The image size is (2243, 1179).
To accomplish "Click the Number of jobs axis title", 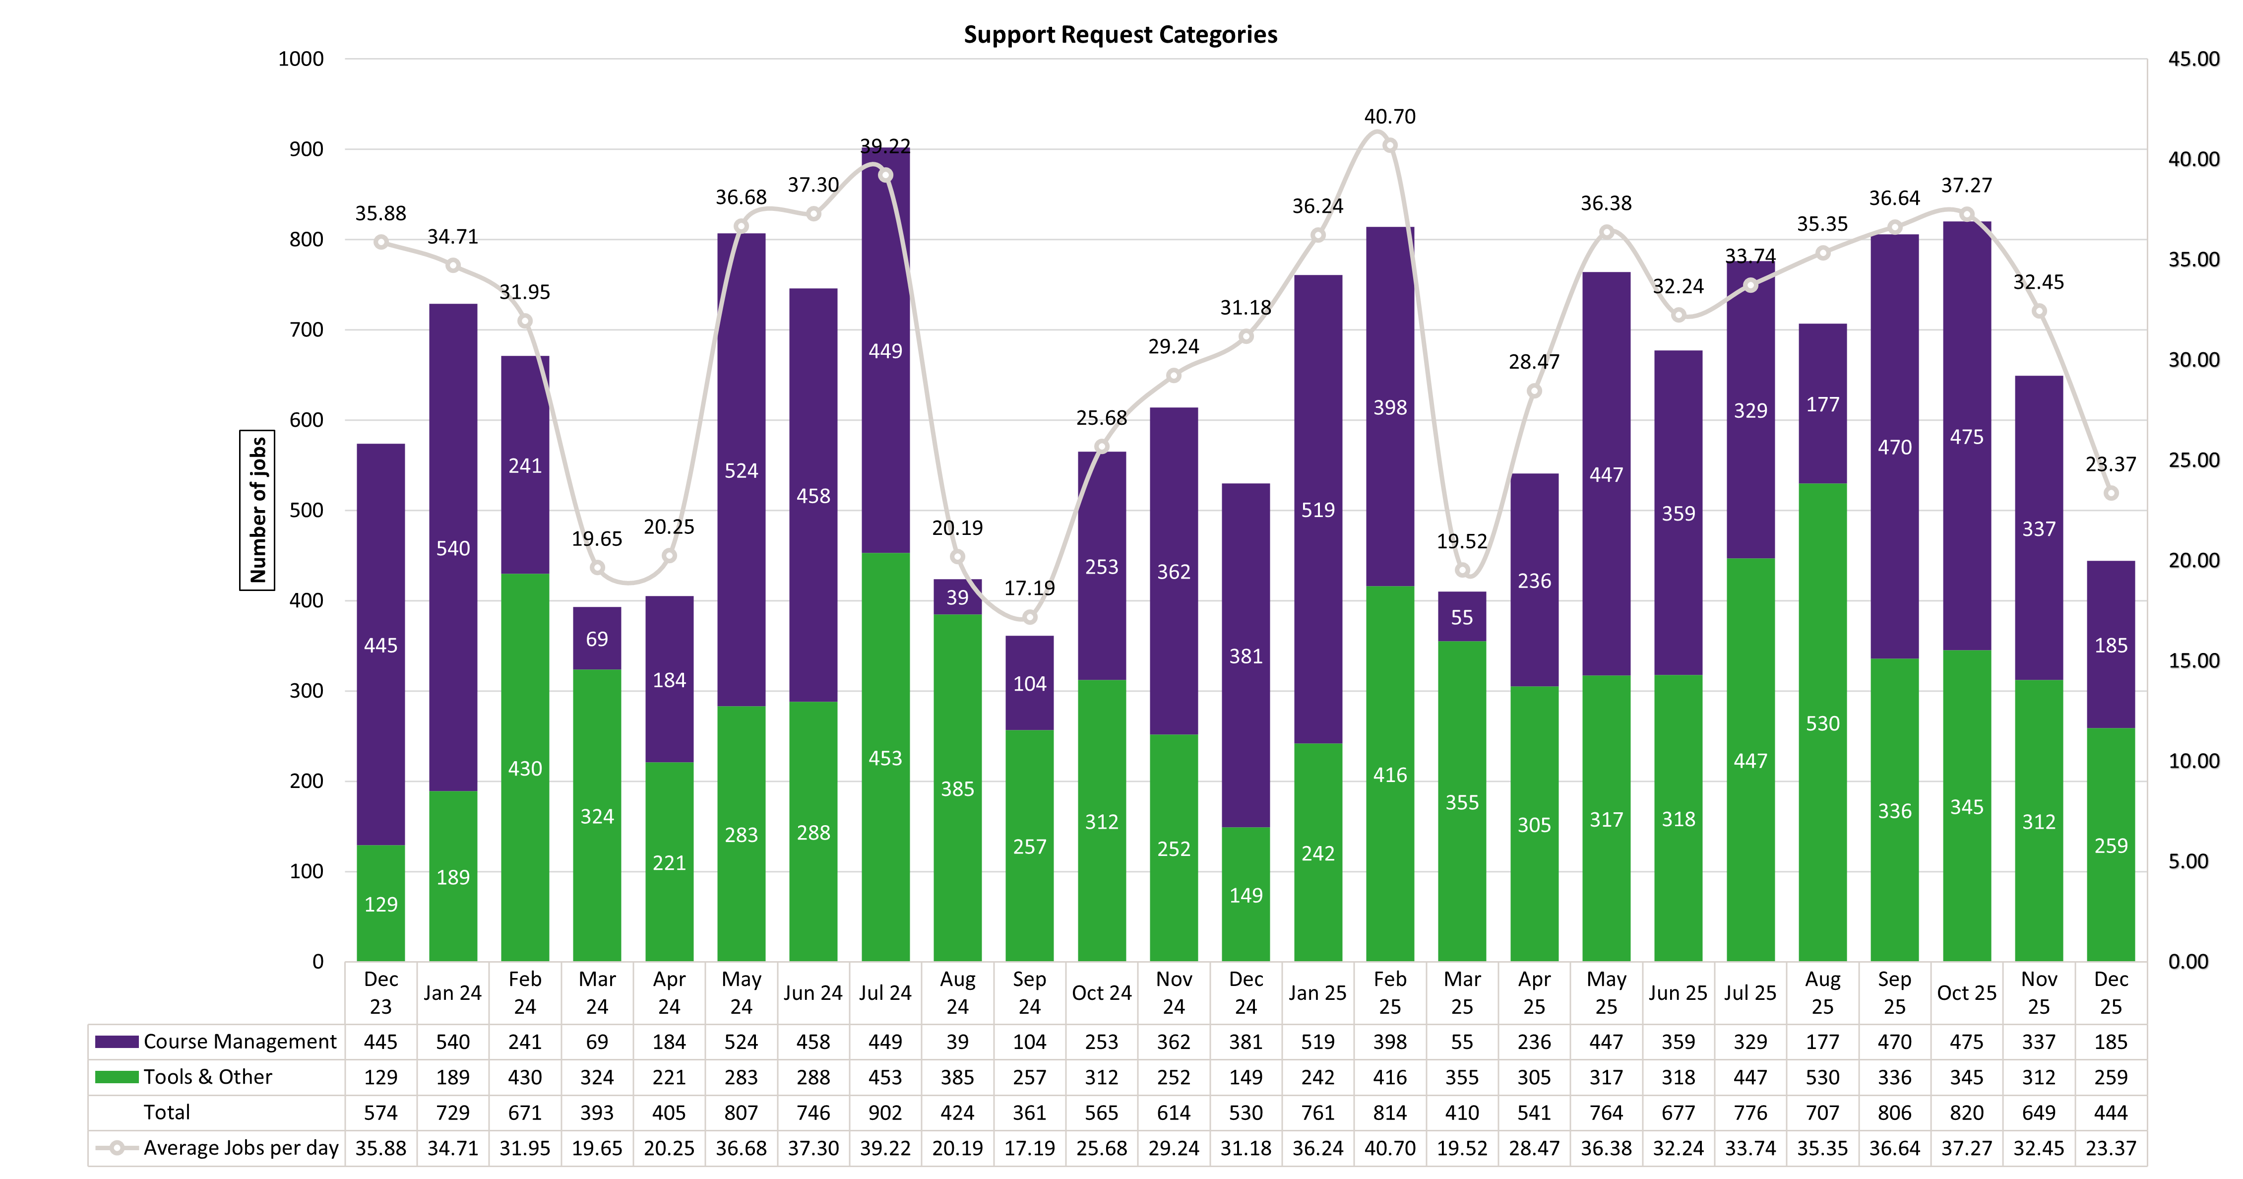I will (x=257, y=510).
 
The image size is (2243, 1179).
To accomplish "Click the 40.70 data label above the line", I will (x=1390, y=117).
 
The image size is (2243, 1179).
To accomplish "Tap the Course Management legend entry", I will (x=218, y=1042).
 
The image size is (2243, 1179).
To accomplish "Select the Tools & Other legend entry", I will (x=187, y=1077).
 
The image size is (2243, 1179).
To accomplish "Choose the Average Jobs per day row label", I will (x=218, y=1148).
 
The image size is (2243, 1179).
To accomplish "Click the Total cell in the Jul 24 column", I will (x=885, y=1113).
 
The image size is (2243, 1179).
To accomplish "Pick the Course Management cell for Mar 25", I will (x=1461, y=1042).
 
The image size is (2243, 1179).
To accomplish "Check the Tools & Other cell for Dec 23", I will (x=380, y=1077).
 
